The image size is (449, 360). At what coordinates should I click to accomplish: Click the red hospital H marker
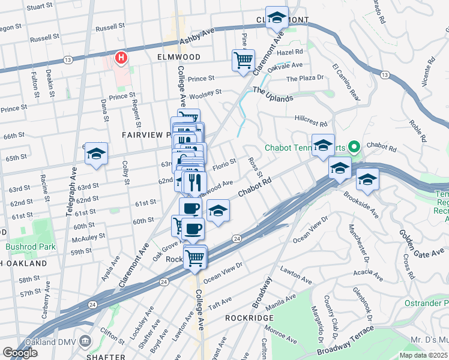pyautogui.click(x=121, y=58)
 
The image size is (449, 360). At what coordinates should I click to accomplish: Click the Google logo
pyautogui.click(x=20, y=353)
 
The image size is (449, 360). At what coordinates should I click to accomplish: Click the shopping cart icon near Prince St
pyautogui.click(x=243, y=60)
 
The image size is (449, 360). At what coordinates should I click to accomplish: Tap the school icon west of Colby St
pyautogui.click(x=95, y=154)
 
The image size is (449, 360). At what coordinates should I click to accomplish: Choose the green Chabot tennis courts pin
pyautogui.click(x=354, y=146)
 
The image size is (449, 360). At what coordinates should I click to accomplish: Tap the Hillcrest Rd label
pyautogui.click(x=311, y=122)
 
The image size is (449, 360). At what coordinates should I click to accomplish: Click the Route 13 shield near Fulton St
pyautogui.click(x=67, y=60)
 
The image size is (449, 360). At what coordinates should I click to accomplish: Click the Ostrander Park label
pyautogui.click(x=429, y=302)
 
